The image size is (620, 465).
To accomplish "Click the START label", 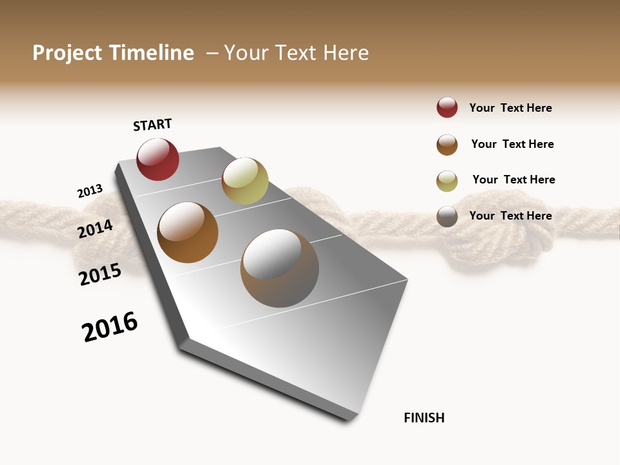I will (x=152, y=125).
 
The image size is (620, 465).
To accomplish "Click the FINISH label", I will (x=424, y=418).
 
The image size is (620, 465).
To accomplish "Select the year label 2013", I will (x=90, y=191).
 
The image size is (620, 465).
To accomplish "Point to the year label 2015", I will (x=100, y=274).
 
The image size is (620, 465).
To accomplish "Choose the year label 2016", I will (x=110, y=327).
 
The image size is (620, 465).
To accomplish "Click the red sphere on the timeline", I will (x=158, y=160).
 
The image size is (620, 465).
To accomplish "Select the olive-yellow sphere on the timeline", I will (x=245, y=181).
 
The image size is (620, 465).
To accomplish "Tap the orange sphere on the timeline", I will (x=187, y=232).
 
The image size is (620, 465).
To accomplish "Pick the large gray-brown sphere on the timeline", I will (x=280, y=268).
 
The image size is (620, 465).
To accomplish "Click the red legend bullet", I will (x=447, y=108).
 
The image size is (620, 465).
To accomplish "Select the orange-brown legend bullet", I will (x=447, y=145).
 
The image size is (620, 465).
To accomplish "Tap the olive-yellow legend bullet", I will (x=447, y=181).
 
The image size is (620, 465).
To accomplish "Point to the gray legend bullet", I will (x=447, y=216).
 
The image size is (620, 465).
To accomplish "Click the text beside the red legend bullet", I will (x=510, y=108).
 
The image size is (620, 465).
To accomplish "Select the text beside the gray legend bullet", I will (x=510, y=216).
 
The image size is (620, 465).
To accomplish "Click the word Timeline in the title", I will (x=152, y=53).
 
